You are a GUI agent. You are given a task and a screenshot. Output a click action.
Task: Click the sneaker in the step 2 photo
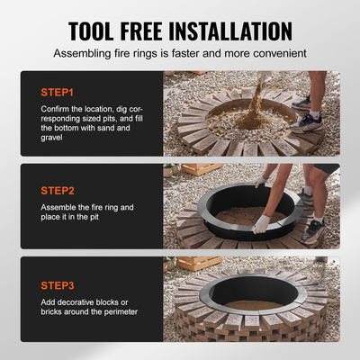point(312,230)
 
